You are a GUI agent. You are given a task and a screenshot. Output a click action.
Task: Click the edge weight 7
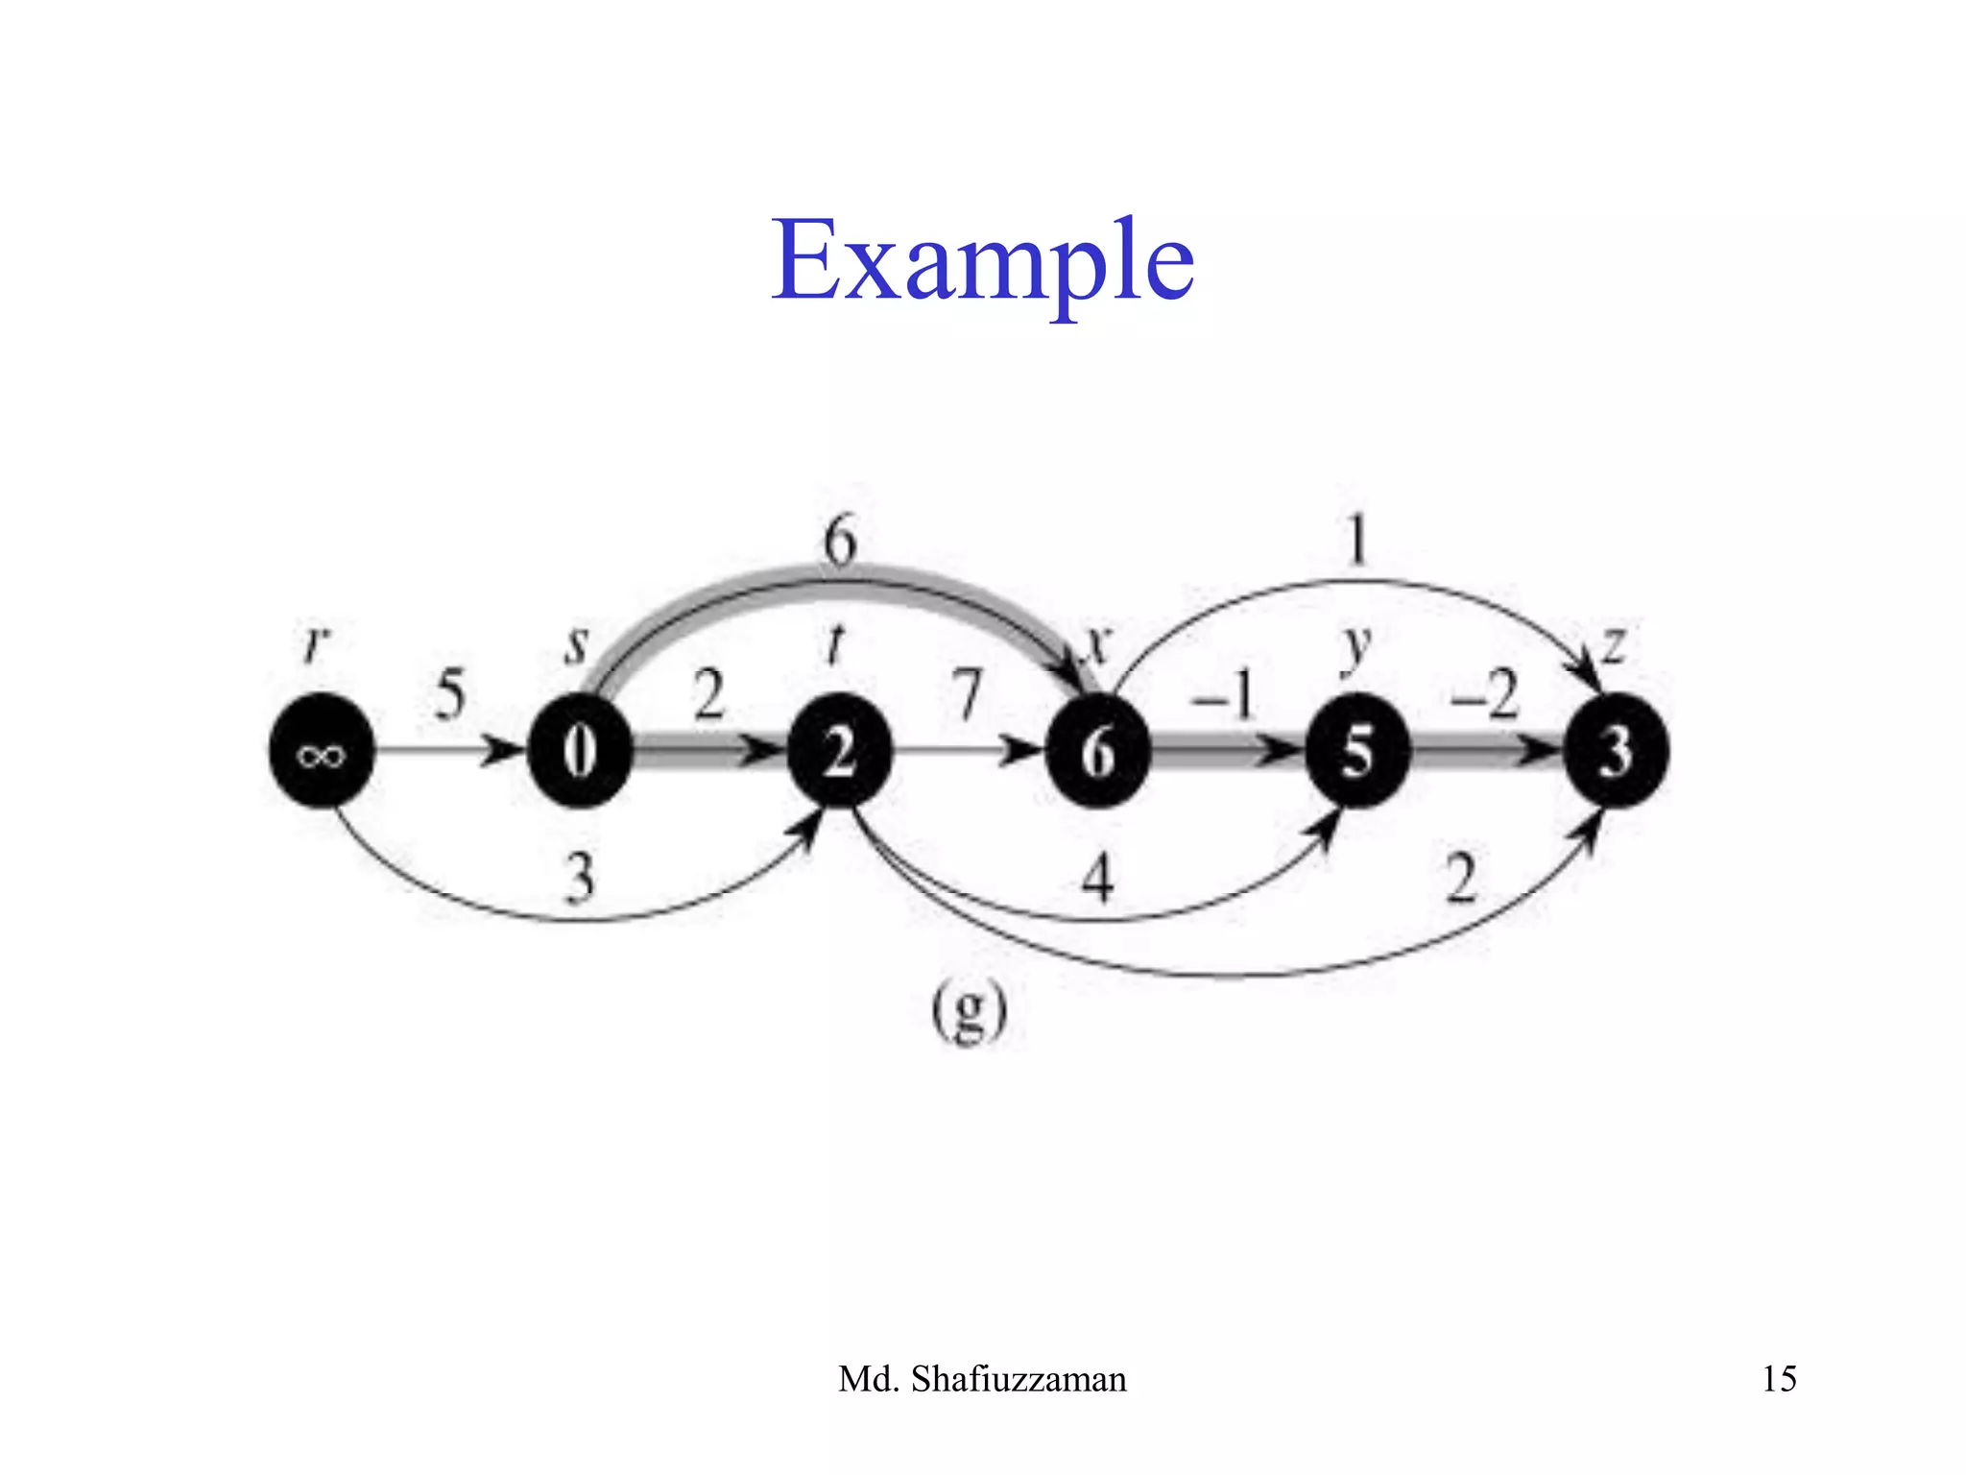point(968,693)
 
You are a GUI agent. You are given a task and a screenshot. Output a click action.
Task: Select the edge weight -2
point(1485,693)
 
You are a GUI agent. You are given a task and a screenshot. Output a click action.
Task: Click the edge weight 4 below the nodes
point(1097,877)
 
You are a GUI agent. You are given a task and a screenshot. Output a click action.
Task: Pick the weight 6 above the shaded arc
point(839,540)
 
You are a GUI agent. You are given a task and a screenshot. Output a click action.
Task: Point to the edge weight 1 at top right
point(1356,540)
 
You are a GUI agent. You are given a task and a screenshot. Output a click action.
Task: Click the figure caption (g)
point(970,1012)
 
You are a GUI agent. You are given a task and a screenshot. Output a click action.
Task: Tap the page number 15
point(1779,1379)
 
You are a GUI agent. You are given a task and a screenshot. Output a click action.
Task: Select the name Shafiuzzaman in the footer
point(1018,1379)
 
